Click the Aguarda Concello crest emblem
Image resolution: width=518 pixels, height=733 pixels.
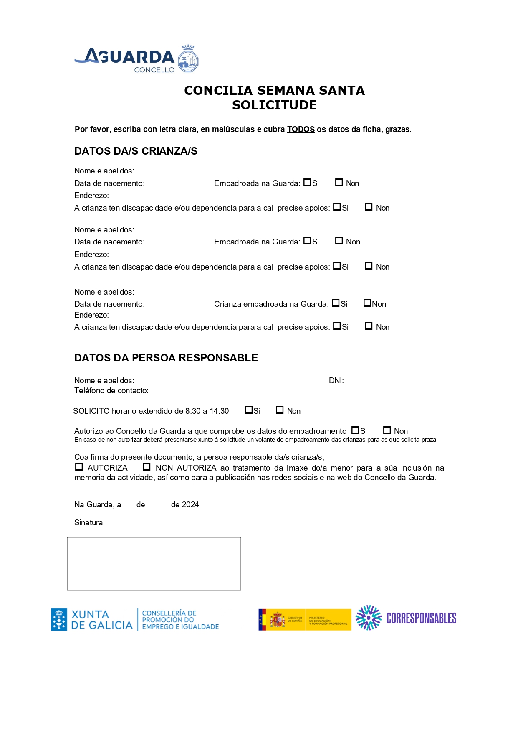click(x=188, y=59)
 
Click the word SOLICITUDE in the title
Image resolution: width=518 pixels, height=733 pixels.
click(x=274, y=105)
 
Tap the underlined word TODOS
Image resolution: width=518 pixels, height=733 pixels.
click(x=301, y=130)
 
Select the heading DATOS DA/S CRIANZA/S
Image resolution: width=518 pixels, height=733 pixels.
click(x=136, y=151)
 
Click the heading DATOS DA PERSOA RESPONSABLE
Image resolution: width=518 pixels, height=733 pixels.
click(x=166, y=358)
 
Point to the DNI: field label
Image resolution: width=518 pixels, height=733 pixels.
click(x=336, y=381)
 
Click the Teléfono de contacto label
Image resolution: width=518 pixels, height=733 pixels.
click(x=111, y=391)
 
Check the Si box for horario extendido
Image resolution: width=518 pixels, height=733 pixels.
click(x=249, y=410)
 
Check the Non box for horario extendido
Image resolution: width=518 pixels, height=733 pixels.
click(x=280, y=410)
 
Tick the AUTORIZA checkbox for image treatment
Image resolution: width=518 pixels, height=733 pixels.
click(x=79, y=467)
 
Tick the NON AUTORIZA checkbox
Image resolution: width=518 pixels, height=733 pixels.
click(x=147, y=467)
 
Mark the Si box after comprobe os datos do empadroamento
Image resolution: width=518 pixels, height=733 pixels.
click(x=355, y=430)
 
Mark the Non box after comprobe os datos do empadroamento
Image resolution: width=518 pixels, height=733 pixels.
click(x=387, y=430)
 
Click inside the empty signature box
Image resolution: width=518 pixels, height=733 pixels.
click(x=154, y=564)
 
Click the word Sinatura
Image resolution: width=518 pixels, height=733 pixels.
click(x=88, y=523)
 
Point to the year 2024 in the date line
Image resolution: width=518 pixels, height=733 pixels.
click(x=191, y=505)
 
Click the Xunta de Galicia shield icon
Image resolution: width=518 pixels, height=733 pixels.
click(x=59, y=619)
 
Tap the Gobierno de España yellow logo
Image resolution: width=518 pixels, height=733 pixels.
click(x=305, y=620)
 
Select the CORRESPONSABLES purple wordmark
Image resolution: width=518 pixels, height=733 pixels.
click(x=421, y=618)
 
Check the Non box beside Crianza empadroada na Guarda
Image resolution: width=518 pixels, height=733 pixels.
click(x=367, y=303)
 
